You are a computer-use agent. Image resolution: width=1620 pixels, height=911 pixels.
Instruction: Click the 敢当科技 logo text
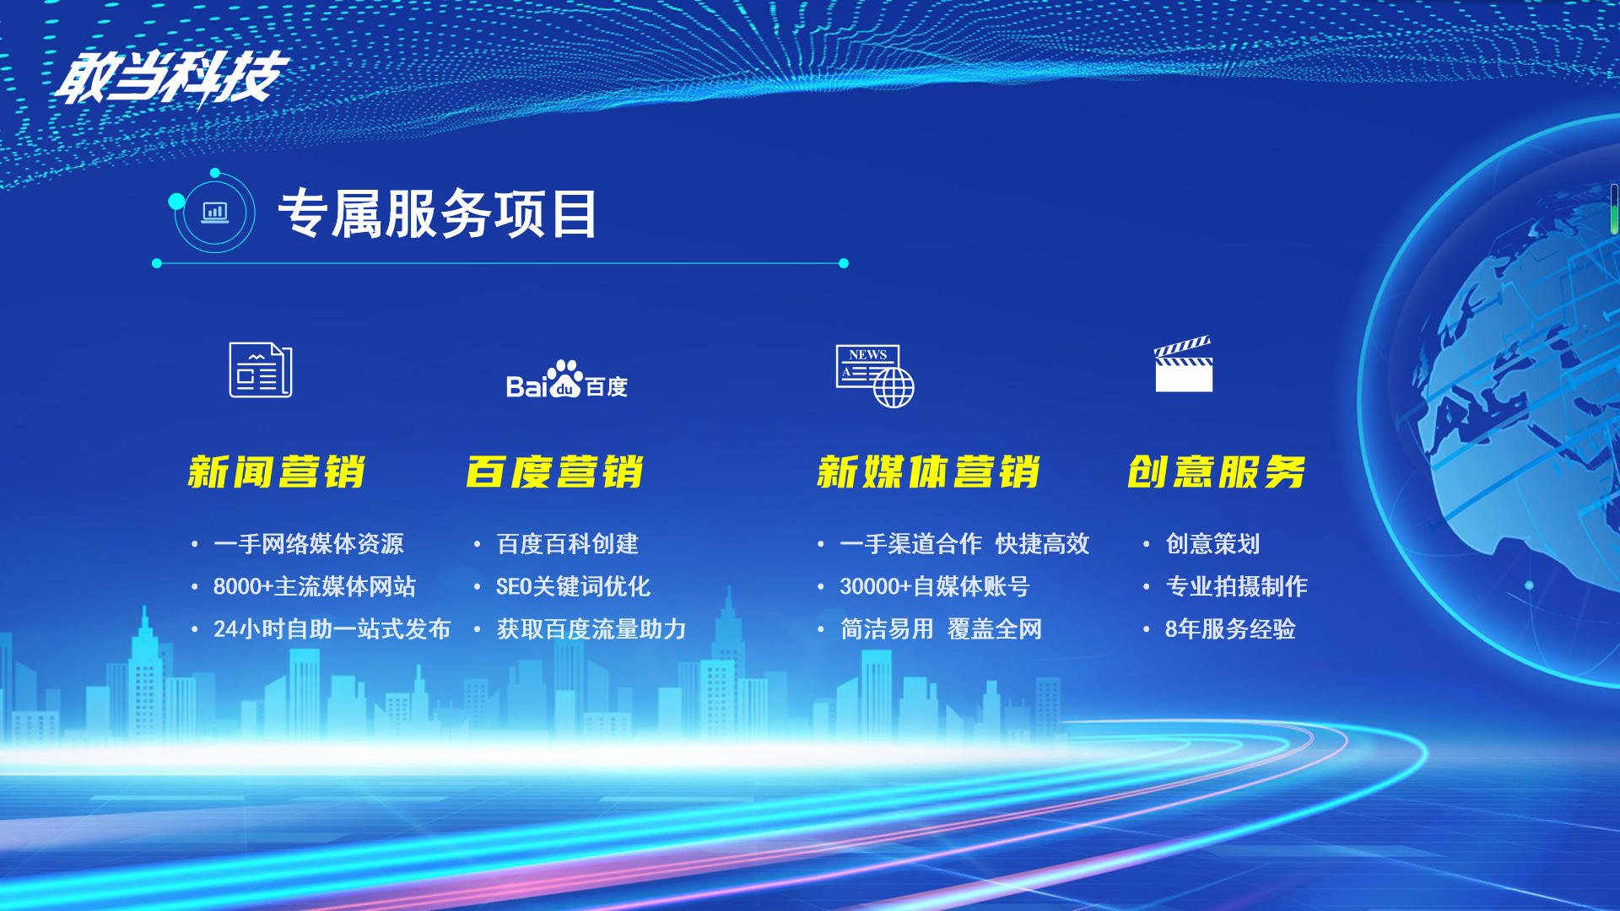point(172,78)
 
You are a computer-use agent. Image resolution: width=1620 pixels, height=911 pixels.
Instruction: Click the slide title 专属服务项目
point(438,213)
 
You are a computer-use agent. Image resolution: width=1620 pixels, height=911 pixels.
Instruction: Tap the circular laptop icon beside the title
point(214,212)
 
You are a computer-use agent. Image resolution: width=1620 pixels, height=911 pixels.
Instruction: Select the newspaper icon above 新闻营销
point(261,369)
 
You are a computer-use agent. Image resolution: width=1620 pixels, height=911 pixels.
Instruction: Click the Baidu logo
point(567,379)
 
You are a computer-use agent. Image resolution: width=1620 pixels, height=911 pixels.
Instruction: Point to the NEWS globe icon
point(875,376)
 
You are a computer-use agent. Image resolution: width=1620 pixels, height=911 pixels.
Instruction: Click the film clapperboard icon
point(1184,364)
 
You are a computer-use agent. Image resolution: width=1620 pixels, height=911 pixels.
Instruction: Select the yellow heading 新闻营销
point(277,472)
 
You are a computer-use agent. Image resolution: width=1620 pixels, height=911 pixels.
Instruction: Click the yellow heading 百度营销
point(555,472)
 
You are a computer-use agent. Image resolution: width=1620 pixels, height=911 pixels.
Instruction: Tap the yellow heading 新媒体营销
point(928,472)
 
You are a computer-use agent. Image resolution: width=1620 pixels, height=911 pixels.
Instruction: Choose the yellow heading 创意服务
point(1217,472)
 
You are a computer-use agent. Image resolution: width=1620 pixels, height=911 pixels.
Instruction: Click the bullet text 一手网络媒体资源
point(309,544)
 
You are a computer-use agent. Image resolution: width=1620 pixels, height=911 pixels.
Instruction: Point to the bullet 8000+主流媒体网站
point(315,586)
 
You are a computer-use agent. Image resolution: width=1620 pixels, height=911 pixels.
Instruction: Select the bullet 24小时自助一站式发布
point(332,629)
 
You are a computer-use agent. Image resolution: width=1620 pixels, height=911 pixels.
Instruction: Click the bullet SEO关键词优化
point(573,586)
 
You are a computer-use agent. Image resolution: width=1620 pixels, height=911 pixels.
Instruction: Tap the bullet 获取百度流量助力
point(591,629)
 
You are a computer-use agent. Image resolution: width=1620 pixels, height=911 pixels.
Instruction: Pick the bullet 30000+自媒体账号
point(935,586)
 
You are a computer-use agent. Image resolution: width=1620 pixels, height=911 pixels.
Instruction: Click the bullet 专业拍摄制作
point(1236,586)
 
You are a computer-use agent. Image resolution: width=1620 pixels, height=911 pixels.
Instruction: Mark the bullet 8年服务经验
point(1230,629)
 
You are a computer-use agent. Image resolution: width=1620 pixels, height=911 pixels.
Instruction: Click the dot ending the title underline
point(843,263)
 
